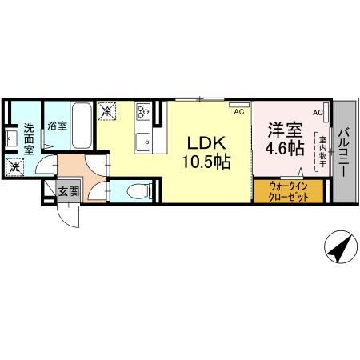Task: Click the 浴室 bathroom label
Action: [55, 126]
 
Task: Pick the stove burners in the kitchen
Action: [143, 110]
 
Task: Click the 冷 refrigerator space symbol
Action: [106, 111]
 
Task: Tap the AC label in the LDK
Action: [238, 113]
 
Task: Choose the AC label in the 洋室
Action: [318, 113]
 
